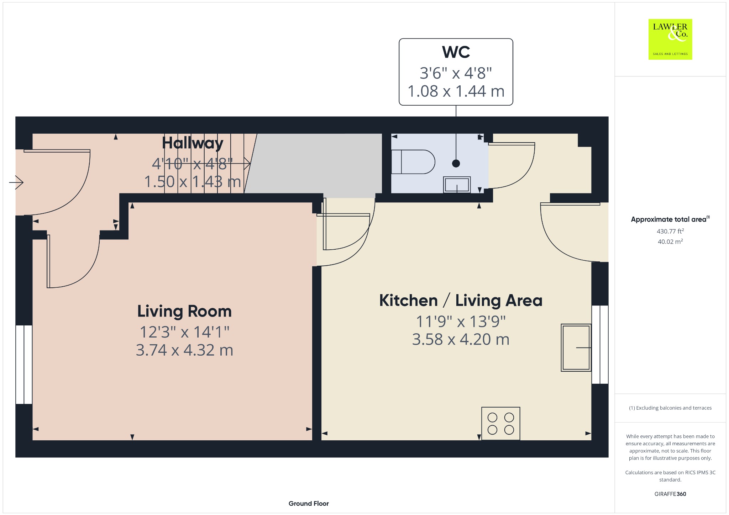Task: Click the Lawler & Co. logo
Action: (x=670, y=39)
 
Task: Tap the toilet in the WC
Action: (x=413, y=162)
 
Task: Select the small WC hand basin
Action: (x=457, y=185)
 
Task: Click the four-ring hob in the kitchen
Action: (x=500, y=423)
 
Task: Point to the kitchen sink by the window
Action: (x=576, y=347)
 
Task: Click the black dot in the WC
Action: (x=456, y=163)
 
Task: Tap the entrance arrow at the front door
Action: (x=16, y=182)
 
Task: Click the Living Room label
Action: (x=184, y=311)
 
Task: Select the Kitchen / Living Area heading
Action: (x=461, y=301)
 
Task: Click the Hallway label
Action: (x=193, y=143)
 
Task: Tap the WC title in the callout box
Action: (x=456, y=52)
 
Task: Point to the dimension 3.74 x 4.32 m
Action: (x=184, y=350)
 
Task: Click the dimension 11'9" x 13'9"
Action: (x=461, y=322)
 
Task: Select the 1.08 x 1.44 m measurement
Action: (x=456, y=91)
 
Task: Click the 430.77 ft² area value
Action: (x=670, y=231)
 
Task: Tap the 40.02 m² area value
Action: (x=670, y=241)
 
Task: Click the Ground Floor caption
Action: (x=309, y=503)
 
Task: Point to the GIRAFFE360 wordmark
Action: (x=670, y=494)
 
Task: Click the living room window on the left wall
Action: (x=24, y=365)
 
